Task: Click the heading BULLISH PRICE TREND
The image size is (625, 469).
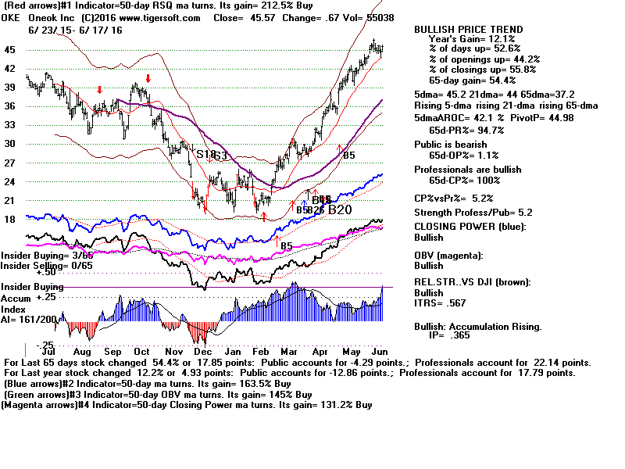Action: point(469,30)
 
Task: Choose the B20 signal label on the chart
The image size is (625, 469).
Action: point(340,209)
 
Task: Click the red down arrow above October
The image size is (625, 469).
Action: point(148,79)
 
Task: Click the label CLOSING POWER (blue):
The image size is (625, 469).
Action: point(470,227)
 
